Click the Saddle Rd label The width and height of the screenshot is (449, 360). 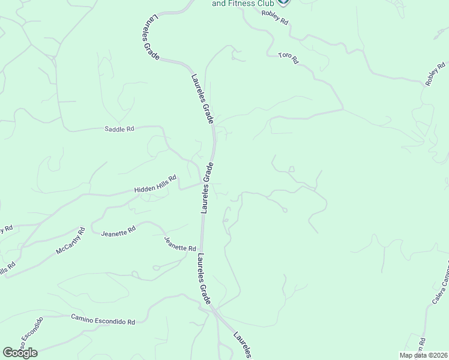point(119,128)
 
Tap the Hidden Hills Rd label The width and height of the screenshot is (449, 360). point(155,184)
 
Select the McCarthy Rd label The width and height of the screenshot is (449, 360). point(71,241)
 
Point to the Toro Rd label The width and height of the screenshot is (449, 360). point(288,58)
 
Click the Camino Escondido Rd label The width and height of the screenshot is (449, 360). point(103,319)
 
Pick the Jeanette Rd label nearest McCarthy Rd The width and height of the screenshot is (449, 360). point(118,231)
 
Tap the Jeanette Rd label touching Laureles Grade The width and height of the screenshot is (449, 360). point(180,244)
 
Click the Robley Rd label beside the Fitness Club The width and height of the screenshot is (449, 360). point(276,19)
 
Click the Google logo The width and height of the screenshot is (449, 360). point(20,353)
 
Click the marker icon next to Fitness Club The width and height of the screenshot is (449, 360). point(284,2)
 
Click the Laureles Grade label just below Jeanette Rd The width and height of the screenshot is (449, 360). point(203,278)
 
